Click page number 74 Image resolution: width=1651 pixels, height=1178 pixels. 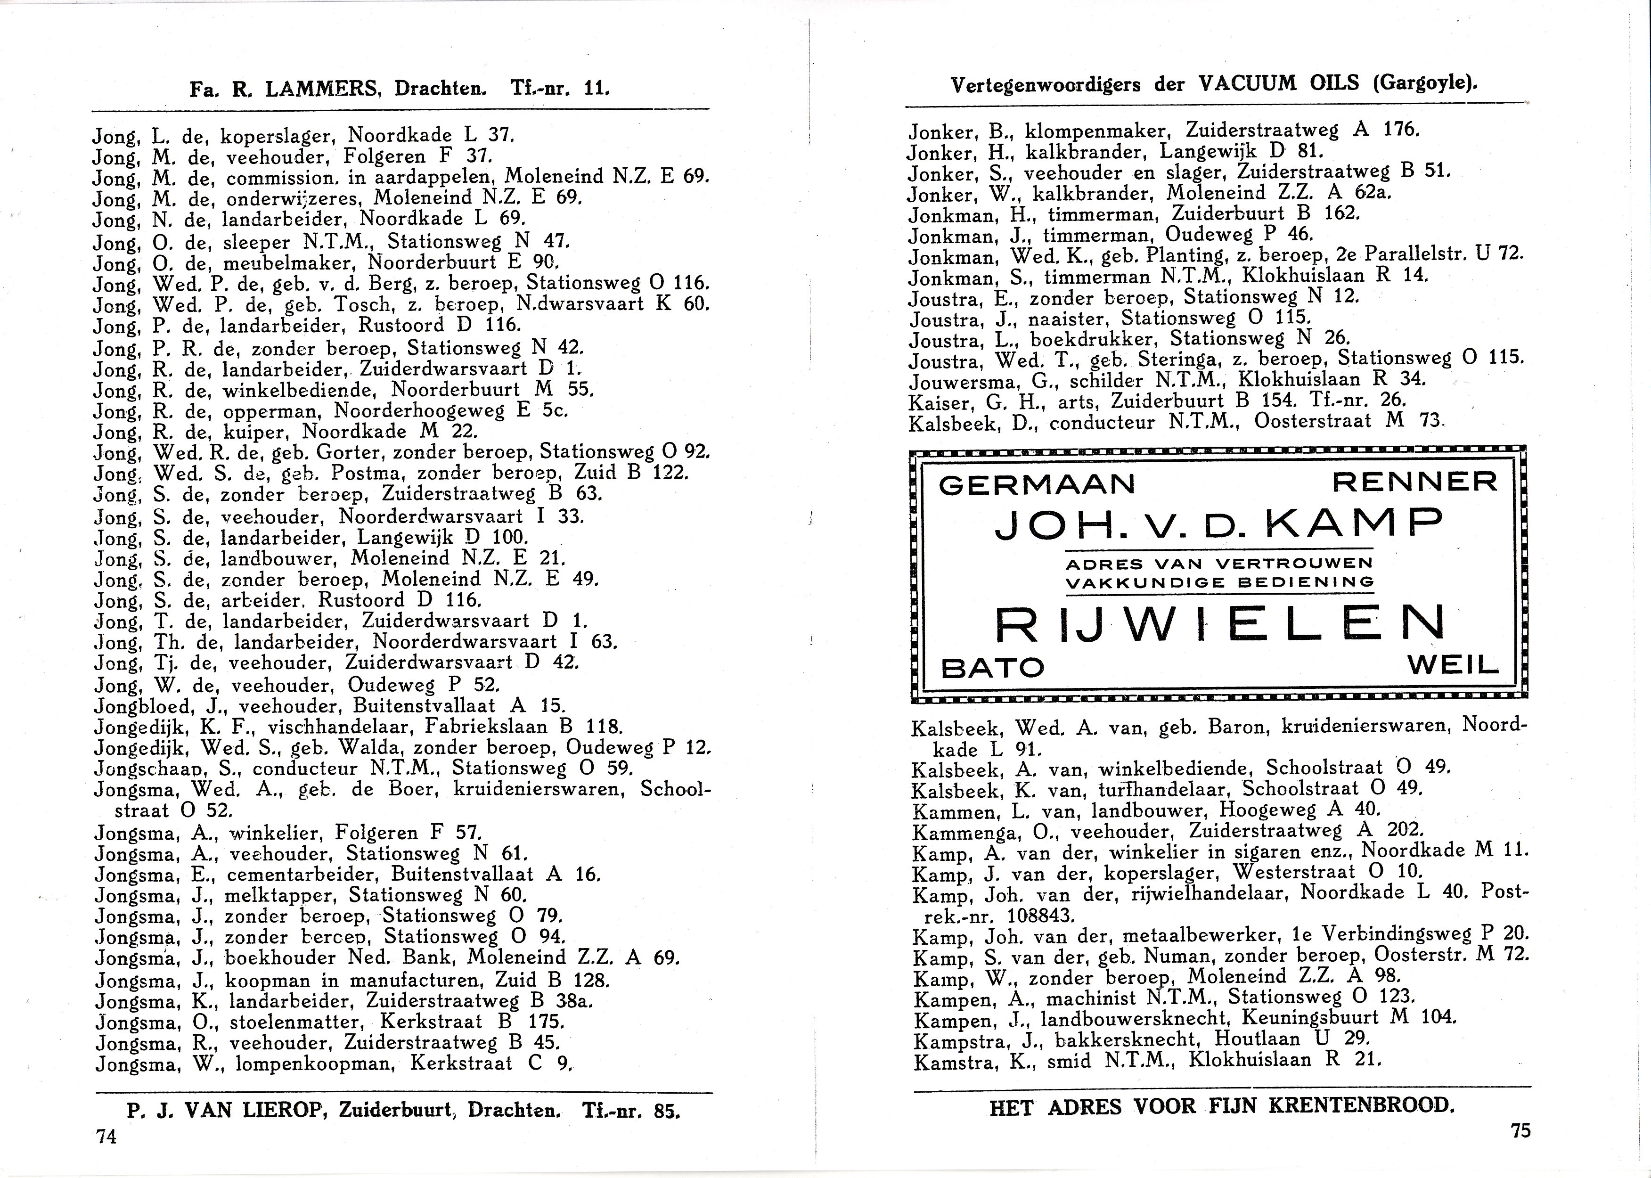click(x=106, y=1137)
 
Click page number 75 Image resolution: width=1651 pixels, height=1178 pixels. click(x=1520, y=1130)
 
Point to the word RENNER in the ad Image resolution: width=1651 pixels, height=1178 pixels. click(x=1414, y=482)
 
